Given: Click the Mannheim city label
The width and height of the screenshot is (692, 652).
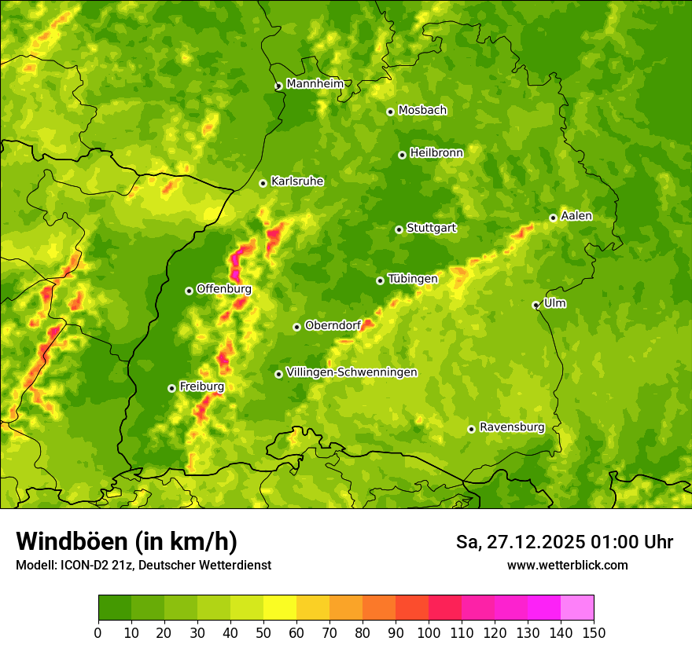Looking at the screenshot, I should point(315,84).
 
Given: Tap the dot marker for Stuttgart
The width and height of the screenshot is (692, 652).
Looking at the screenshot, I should point(399,229).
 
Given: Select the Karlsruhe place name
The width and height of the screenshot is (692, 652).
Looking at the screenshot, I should point(296,181).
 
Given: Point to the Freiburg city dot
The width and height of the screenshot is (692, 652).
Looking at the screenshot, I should point(171,388).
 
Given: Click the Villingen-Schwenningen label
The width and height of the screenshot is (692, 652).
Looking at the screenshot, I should point(352,372).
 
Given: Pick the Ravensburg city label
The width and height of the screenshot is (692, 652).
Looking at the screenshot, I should point(511,427).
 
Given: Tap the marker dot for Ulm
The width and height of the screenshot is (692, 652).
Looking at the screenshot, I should point(536,305).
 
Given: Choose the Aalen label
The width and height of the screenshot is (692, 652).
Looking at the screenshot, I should point(576,216).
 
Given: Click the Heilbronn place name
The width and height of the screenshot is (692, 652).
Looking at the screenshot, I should point(436,153).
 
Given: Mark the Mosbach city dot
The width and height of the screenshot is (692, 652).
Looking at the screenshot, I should point(390,112).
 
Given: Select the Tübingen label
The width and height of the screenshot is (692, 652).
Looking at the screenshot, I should point(412,279).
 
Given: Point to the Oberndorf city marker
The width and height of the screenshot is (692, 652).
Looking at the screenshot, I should point(296,327).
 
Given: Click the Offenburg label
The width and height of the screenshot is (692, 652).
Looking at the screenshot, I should point(223,289).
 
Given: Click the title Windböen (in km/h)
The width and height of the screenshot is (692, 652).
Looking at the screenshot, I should point(126,541).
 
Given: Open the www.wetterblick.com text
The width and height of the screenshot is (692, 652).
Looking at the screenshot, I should point(567,565).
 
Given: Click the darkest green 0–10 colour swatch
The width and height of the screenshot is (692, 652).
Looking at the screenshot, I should point(115,607).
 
